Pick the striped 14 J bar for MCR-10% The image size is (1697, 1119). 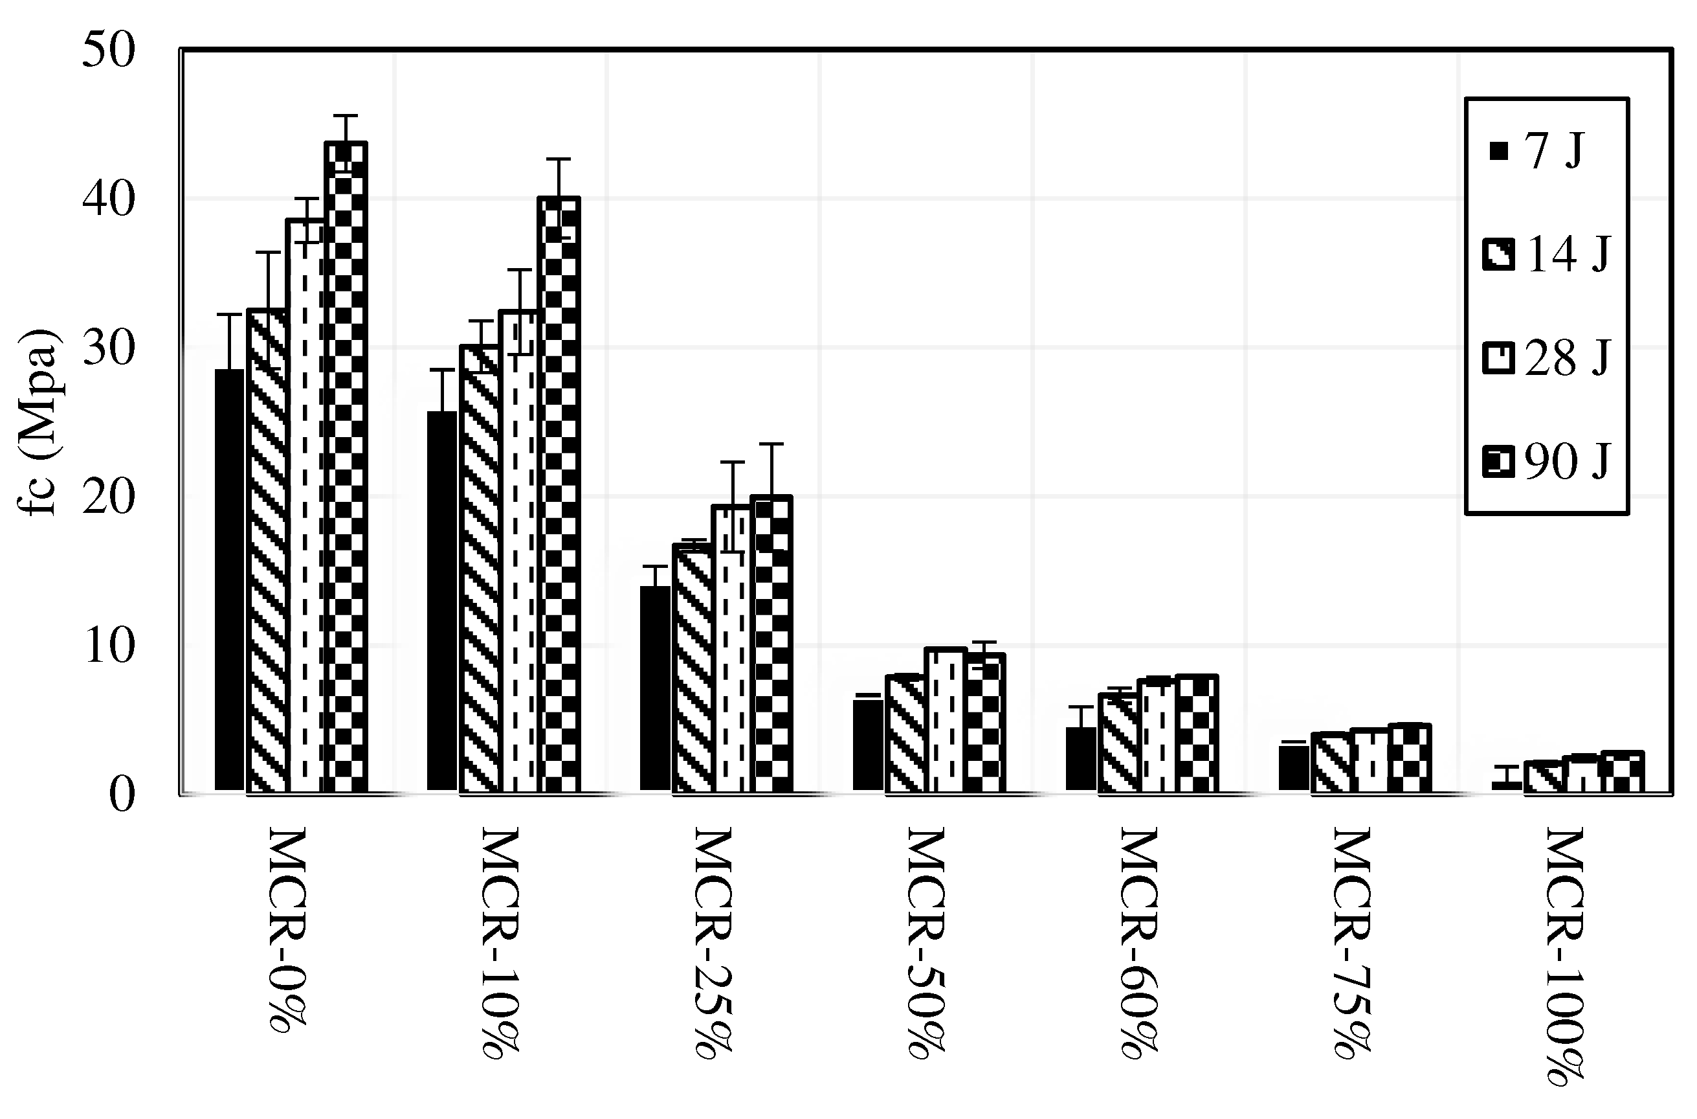point(480,569)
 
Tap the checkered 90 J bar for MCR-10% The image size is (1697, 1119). point(559,495)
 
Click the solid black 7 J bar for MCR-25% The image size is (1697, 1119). point(655,688)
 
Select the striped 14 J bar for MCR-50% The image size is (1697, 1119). point(906,733)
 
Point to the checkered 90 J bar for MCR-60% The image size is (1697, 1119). point(1196,733)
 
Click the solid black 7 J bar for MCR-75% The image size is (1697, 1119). point(1293,768)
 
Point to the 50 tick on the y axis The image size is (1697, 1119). point(109,51)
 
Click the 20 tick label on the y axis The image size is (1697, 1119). point(109,497)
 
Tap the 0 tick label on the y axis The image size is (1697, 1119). point(121,795)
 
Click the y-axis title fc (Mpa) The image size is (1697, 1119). point(39,421)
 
